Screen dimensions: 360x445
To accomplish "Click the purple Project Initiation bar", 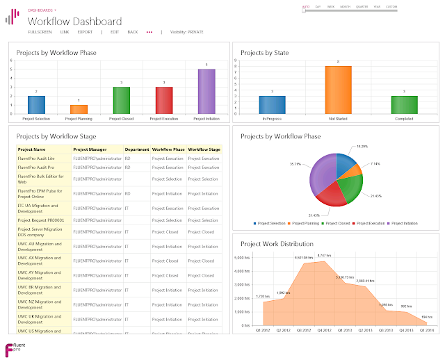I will pos(201,91).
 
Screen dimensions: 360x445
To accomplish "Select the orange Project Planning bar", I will pos(79,109).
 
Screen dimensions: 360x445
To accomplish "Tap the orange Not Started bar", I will pos(338,90).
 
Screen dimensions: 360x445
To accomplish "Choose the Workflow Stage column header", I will pos(204,149).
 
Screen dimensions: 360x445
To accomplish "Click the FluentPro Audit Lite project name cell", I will pos(36,158).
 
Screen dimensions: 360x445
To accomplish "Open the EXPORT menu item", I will pos(85,32).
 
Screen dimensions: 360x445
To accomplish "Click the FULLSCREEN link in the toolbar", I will pos(40,32).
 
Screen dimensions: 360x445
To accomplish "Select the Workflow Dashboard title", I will pos(74,22).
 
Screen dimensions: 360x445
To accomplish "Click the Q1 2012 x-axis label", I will pos(263,331).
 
